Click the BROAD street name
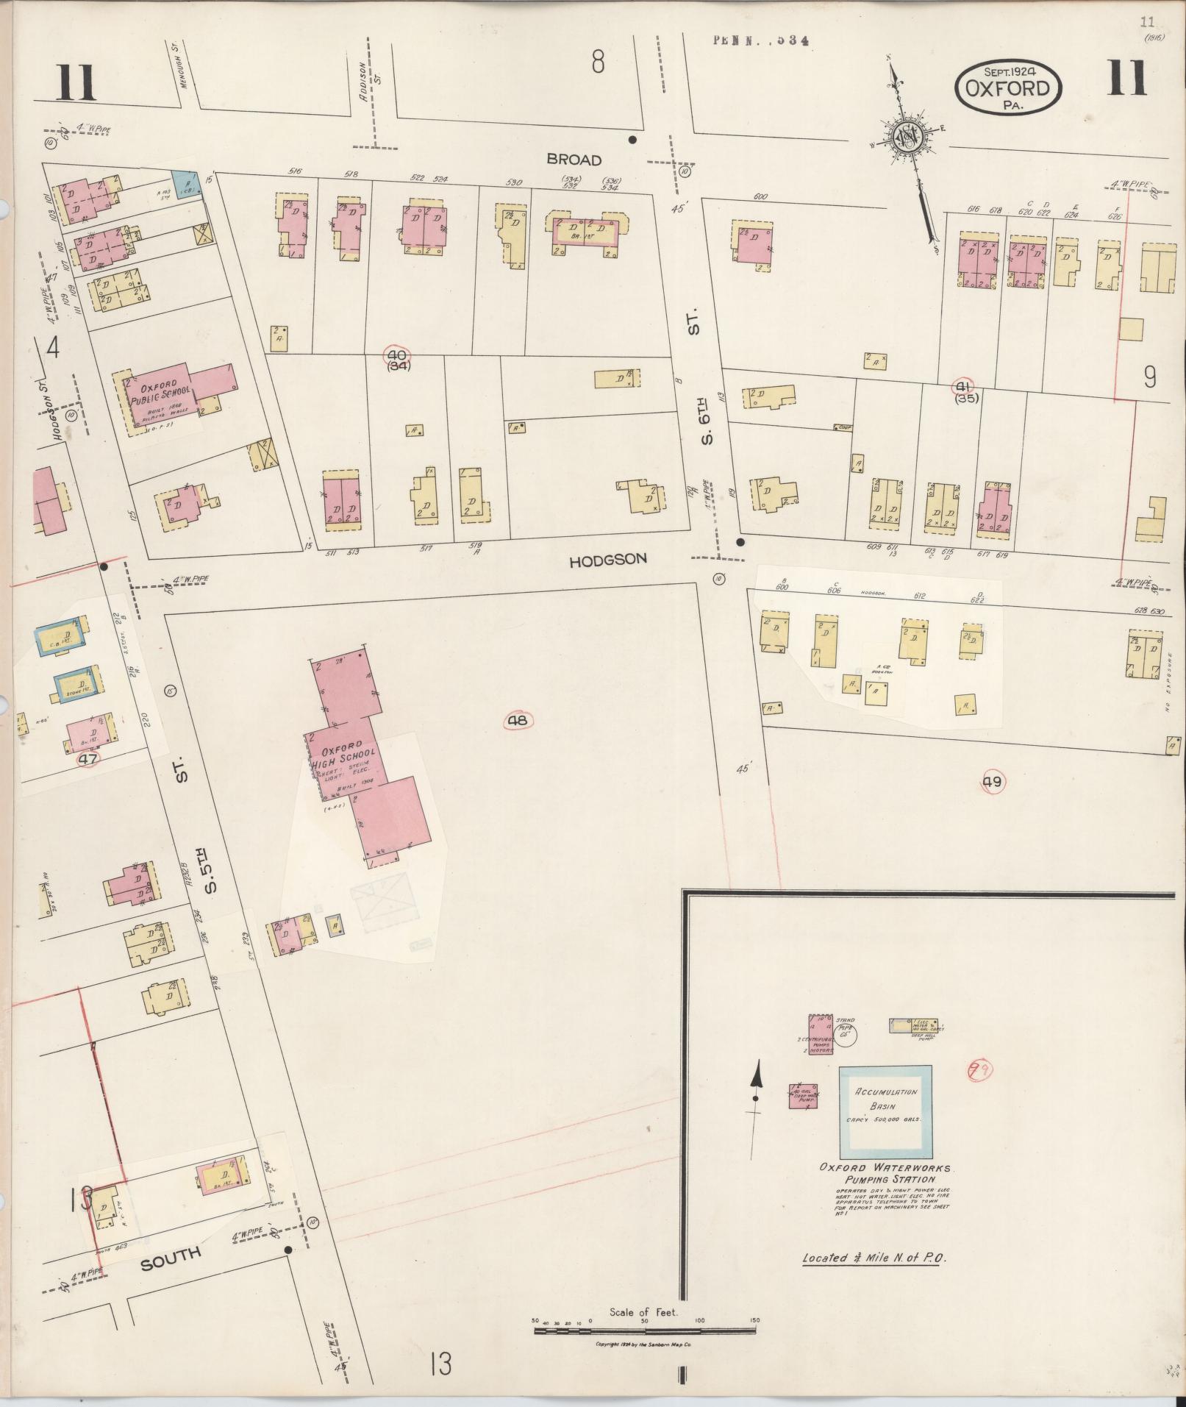pyautogui.click(x=574, y=160)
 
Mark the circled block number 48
pyautogui.click(x=518, y=720)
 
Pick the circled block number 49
pyautogui.click(x=992, y=782)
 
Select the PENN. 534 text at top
pyautogui.click(x=760, y=41)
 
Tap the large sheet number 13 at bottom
pyautogui.click(x=441, y=1365)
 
